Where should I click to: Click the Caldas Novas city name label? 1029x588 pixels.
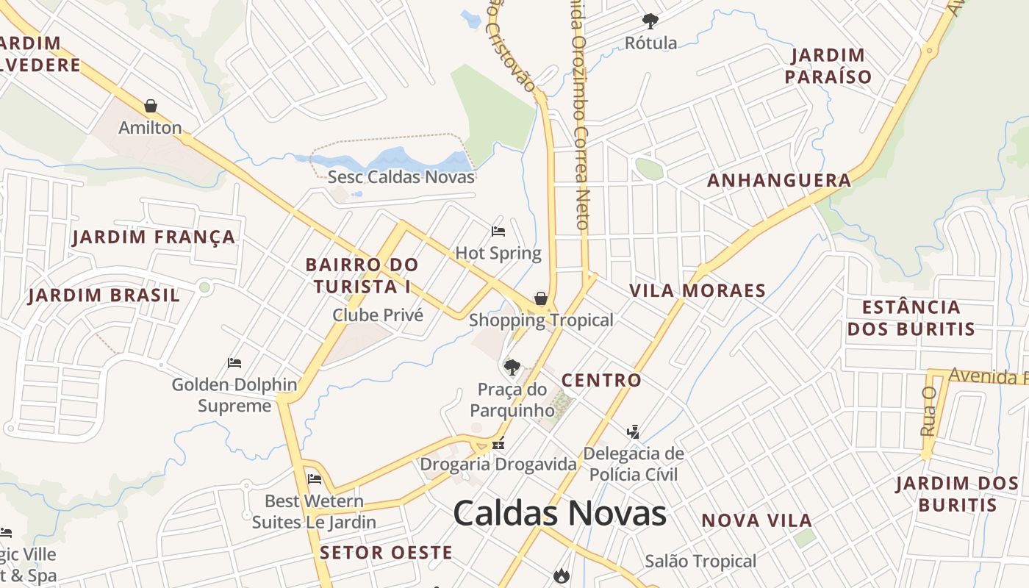[x=559, y=512]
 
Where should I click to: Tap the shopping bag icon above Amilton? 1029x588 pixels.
[x=151, y=106]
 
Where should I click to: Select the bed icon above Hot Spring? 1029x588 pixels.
[x=498, y=232]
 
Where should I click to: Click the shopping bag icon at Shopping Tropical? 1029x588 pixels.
[x=541, y=298]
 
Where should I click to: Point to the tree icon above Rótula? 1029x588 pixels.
[x=650, y=21]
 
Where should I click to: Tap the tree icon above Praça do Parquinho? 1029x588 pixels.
[x=512, y=366]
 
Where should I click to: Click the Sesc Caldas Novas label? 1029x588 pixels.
[x=401, y=176]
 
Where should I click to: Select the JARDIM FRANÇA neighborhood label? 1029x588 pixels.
[x=154, y=237]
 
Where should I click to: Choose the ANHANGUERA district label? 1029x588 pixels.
[x=779, y=180]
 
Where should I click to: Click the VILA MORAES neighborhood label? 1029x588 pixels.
[x=698, y=290]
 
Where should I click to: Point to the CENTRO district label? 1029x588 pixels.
[x=601, y=380]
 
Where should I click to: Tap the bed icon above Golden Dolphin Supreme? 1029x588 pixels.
[x=234, y=363]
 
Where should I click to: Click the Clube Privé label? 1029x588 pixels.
[x=378, y=315]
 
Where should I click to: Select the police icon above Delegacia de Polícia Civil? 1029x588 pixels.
[x=633, y=431]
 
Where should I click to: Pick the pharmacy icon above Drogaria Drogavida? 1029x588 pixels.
[x=498, y=443]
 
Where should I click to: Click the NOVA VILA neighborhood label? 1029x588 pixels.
[x=756, y=520]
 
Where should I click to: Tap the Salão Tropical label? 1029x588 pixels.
[x=700, y=562]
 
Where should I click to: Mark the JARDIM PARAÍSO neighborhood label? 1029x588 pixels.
[x=828, y=65]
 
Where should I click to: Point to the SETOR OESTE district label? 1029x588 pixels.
[x=387, y=553]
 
